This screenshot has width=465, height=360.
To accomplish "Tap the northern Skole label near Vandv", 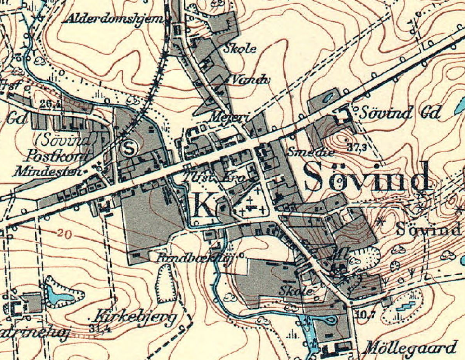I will click(240, 48).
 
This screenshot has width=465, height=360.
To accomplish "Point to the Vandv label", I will click(246, 79).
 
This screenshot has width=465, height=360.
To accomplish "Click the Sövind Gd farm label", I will click(401, 113).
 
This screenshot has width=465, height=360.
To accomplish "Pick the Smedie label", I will click(310, 152).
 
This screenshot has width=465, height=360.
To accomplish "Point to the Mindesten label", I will click(47, 171).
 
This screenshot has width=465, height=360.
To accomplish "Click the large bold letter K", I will click(203, 205).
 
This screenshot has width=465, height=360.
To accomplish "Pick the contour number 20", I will click(63, 233).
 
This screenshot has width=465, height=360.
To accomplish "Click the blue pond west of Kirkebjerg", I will click(59, 295).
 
